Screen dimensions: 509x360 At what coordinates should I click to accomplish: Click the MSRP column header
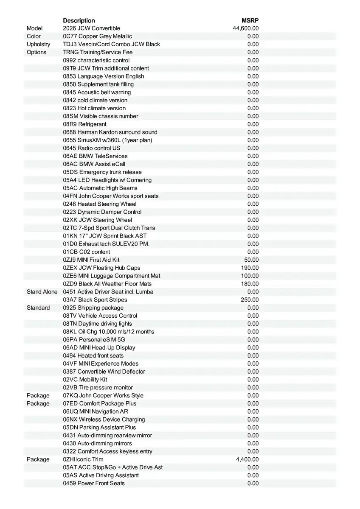250,20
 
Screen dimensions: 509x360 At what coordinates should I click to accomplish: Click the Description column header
79,20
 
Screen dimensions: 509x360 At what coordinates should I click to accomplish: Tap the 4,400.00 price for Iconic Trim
247,459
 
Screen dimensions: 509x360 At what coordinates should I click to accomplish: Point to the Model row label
35,28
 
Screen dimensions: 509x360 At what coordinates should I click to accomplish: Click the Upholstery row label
38,44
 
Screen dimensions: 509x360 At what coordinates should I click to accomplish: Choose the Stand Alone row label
42,292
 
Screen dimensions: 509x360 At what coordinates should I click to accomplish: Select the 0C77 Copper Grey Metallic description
97,36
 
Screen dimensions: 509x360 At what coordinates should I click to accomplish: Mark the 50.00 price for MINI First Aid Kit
251,260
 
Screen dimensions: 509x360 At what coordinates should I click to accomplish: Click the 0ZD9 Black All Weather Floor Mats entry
107,284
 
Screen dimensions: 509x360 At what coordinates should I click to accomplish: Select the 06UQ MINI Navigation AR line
96,411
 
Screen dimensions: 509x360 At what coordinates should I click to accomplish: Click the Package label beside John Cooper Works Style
38,395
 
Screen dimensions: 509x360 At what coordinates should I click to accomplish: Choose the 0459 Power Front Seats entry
94,483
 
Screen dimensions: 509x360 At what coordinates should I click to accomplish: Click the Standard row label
38,308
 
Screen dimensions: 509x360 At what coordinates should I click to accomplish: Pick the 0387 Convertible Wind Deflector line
104,372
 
